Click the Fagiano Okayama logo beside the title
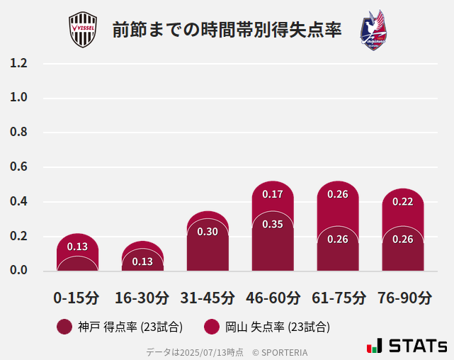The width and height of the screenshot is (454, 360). point(374,30)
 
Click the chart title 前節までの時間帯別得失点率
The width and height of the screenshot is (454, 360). point(227,30)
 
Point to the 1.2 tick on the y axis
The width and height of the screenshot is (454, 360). point(19,64)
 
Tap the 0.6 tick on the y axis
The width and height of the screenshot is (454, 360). point(19,167)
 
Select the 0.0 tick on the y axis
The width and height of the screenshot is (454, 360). point(19,271)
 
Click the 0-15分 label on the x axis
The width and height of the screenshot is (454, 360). point(76,298)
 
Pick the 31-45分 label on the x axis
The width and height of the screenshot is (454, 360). point(207,298)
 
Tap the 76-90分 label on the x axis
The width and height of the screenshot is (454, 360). point(404,298)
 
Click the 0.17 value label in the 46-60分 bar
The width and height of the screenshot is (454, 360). point(273,194)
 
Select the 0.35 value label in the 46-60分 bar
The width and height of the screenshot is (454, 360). point(273,224)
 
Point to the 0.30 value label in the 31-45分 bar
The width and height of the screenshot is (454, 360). point(208,232)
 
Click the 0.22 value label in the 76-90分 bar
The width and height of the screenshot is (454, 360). point(403,201)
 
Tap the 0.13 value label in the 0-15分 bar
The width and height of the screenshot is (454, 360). point(77,247)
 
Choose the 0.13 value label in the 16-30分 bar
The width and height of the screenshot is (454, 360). point(142,261)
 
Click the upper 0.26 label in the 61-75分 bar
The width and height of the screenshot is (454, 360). point(338,194)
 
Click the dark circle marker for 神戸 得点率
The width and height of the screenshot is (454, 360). point(64,327)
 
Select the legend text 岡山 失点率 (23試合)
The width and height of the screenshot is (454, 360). point(278,327)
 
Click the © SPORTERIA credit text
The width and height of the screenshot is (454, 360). point(280,351)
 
